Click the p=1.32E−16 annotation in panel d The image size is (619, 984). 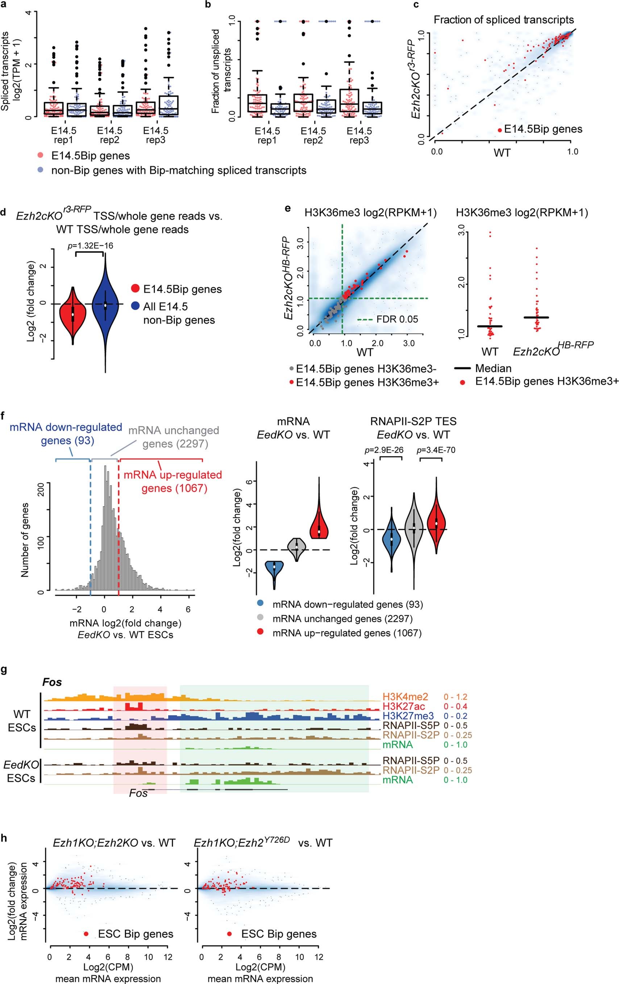tap(90, 246)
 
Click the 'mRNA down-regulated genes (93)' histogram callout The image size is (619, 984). tap(66, 434)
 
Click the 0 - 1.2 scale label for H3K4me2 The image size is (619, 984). tap(455, 697)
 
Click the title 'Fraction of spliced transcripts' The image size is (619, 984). tap(504, 20)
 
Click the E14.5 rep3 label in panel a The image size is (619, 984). tap(156, 135)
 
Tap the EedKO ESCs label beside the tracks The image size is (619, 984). tap(22, 771)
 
